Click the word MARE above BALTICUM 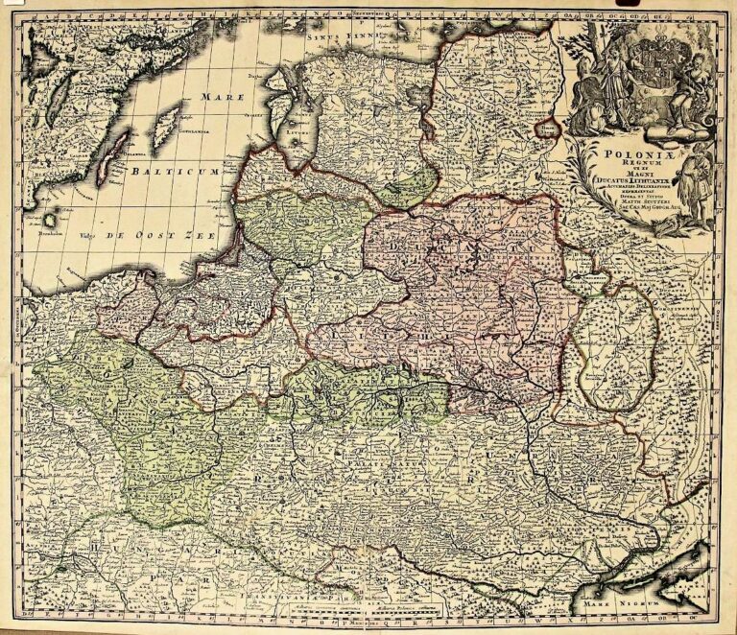click(224, 98)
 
